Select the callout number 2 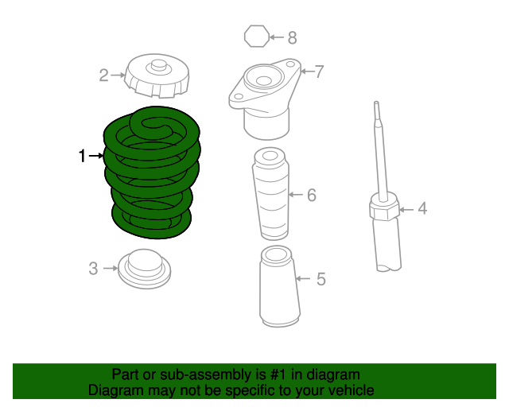coord(103,76)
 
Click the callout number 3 coord(93,269)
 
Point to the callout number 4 coord(422,209)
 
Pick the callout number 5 coord(321,279)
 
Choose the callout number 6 coord(312,195)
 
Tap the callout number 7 coord(319,72)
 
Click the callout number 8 coord(292,37)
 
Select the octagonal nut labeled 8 coord(254,37)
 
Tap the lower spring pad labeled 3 coord(144,269)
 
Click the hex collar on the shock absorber coord(383,211)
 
